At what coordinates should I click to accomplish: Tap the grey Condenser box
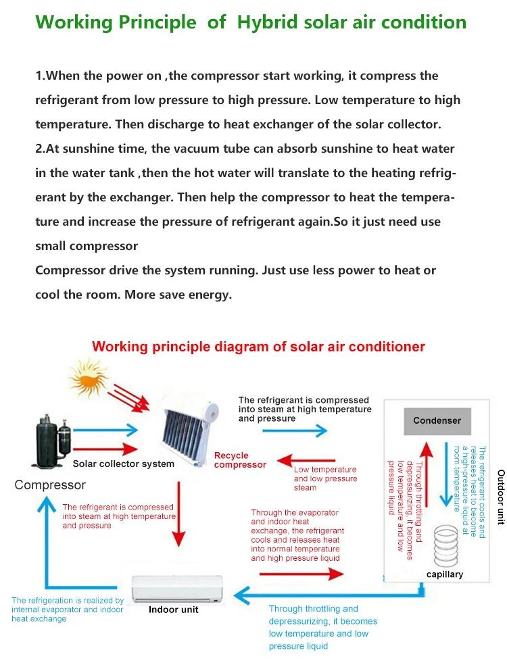pos(437,420)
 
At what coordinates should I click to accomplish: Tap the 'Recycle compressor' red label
pos(240,460)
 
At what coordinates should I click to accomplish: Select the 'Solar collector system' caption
pos(124,464)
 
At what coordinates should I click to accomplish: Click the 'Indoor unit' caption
pos(173,610)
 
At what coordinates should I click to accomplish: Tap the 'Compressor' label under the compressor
pos(50,485)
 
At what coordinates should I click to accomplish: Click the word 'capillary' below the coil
pos(445,574)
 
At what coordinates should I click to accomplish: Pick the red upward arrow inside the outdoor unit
pos(426,473)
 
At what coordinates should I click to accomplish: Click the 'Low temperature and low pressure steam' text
pos(324,478)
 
